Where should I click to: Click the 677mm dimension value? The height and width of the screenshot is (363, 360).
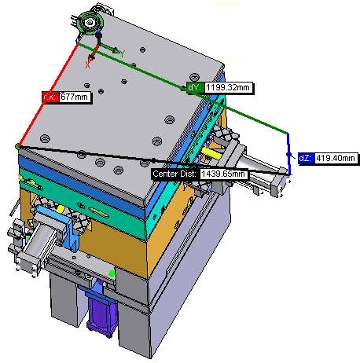tap(75, 97)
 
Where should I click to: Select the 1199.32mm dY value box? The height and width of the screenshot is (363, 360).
tap(229, 87)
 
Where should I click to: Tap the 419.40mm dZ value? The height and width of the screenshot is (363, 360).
tap(336, 158)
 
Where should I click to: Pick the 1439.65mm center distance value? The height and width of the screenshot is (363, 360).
tap(224, 174)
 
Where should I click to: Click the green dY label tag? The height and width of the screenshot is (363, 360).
tap(195, 87)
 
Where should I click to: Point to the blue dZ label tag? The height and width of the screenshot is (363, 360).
tap(307, 158)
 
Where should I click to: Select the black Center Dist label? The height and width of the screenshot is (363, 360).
tap(175, 174)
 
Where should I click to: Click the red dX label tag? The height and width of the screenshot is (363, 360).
tap(50, 97)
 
